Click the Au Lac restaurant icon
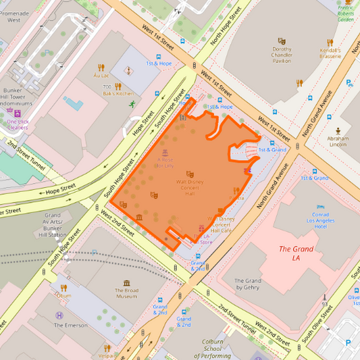coord(101,68)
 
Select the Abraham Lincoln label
coord(338,141)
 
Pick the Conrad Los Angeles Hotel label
coord(311,220)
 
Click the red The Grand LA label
coord(296,253)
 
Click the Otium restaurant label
coord(64,295)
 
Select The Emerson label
coord(71,325)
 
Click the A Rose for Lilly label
coord(164,162)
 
